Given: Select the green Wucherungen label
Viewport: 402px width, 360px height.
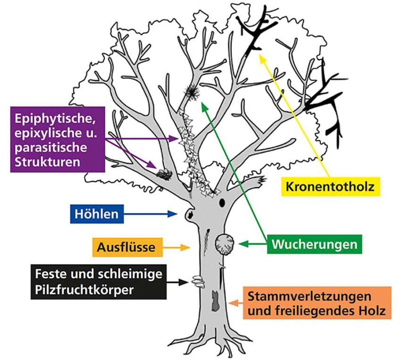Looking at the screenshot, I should [x=313, y=244].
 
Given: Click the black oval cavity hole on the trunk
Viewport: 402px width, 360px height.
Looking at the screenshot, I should [x=221, y=203].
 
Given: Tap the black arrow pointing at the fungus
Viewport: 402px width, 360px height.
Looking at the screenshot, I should [x=176, y=283].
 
